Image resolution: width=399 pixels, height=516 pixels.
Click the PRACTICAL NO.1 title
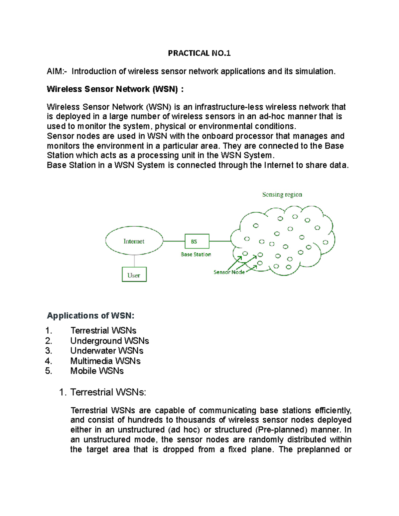[x=199, y=53]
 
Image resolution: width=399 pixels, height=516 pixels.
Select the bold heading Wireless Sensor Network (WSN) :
[x=115, y=89]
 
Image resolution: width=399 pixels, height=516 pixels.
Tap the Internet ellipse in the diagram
[x=134, y=241]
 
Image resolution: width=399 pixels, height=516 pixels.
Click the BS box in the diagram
[x=197, y=242]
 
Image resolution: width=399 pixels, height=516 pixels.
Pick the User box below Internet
[x=134, y=275]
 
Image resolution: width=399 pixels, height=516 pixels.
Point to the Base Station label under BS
[x=196, y=255]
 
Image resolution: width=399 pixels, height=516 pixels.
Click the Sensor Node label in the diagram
[x=229, y=272]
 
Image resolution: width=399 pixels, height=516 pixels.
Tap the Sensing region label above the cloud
[x=282, y=194]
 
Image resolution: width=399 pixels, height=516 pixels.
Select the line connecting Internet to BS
[x=174, y=241]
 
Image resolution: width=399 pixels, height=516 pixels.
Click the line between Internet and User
[x=134, y=261]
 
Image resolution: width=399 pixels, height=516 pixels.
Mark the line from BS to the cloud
[x=220, y=241]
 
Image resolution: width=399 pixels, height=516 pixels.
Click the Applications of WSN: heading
[x=90, y=316]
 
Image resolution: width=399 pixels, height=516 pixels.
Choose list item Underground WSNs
[x=109, y=341]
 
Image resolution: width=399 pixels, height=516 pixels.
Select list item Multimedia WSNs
[x=105, y=361]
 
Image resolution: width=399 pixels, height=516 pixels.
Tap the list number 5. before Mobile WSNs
[x=49, y=371]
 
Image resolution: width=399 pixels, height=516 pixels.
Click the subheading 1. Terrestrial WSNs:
[x=103, y=392]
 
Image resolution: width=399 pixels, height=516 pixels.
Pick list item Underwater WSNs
[x=106, y=351]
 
